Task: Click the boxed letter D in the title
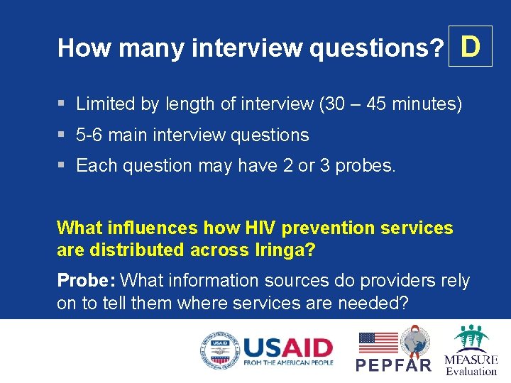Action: tap(471, 47)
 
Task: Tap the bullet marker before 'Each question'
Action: tap(62, 165)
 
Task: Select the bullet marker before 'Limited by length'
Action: tap(62, 104)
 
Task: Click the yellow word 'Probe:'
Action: tap(82, 281)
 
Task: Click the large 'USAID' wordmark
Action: tap(287, 348)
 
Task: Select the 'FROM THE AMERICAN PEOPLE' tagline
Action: tap(287, 363)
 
